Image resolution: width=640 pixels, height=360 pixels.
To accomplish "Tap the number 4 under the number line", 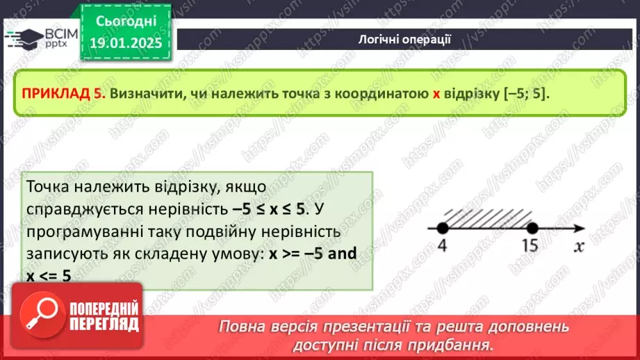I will click(441, 245).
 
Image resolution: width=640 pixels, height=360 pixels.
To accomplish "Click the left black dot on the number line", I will click(441, 227).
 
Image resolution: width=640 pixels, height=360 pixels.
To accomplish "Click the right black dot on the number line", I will click(532, 227).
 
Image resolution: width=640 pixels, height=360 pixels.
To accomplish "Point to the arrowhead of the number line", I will click(576, 227).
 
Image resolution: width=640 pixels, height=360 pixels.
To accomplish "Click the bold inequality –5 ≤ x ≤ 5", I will click(269, 208).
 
